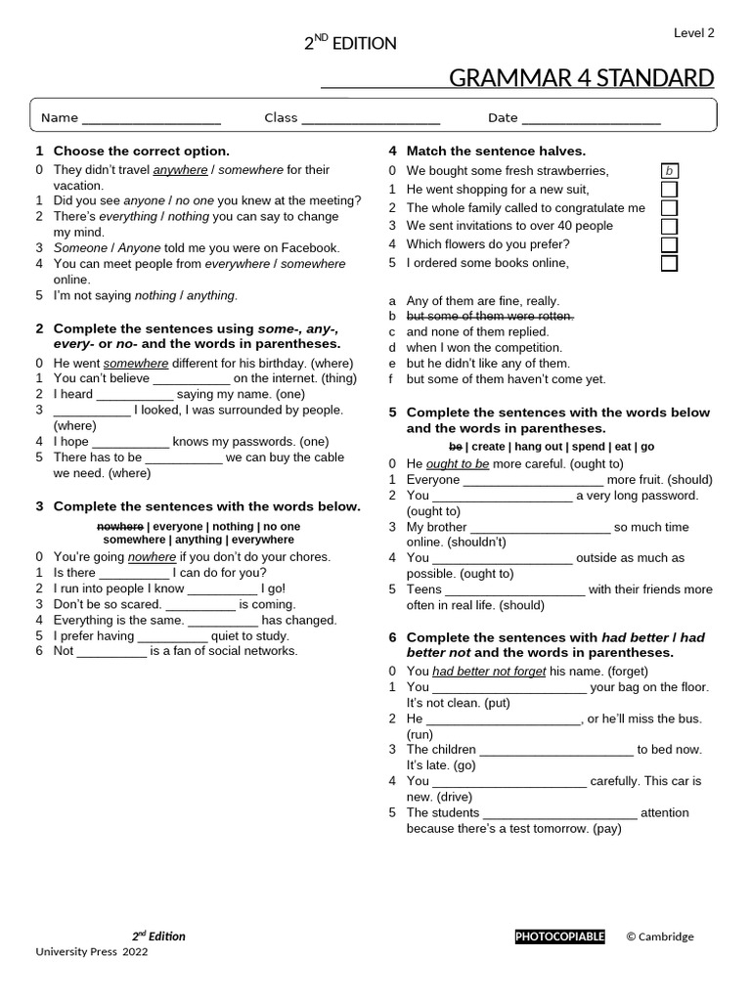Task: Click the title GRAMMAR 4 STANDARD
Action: point(581,77)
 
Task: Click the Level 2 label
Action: point(693,32)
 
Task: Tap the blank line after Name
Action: point(152,119)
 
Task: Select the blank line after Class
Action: point(371,119)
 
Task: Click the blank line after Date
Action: point(591,119)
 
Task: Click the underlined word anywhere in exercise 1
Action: point(180,170)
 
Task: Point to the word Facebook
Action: point(307,248)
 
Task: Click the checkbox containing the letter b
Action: point(669,171)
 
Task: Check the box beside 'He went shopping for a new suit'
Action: point(669,190)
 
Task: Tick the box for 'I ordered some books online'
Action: point(669,263)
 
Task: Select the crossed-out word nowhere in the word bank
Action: point(119,526)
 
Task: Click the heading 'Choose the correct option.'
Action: point(142,152)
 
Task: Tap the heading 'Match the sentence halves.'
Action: point(496,152)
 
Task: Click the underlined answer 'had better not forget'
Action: point(489,672)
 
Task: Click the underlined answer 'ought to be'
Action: point(458,464)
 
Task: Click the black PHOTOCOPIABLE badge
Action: point(560,936)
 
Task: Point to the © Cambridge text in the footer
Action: point(660,936)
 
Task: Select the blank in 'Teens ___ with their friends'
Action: point(514,590)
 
